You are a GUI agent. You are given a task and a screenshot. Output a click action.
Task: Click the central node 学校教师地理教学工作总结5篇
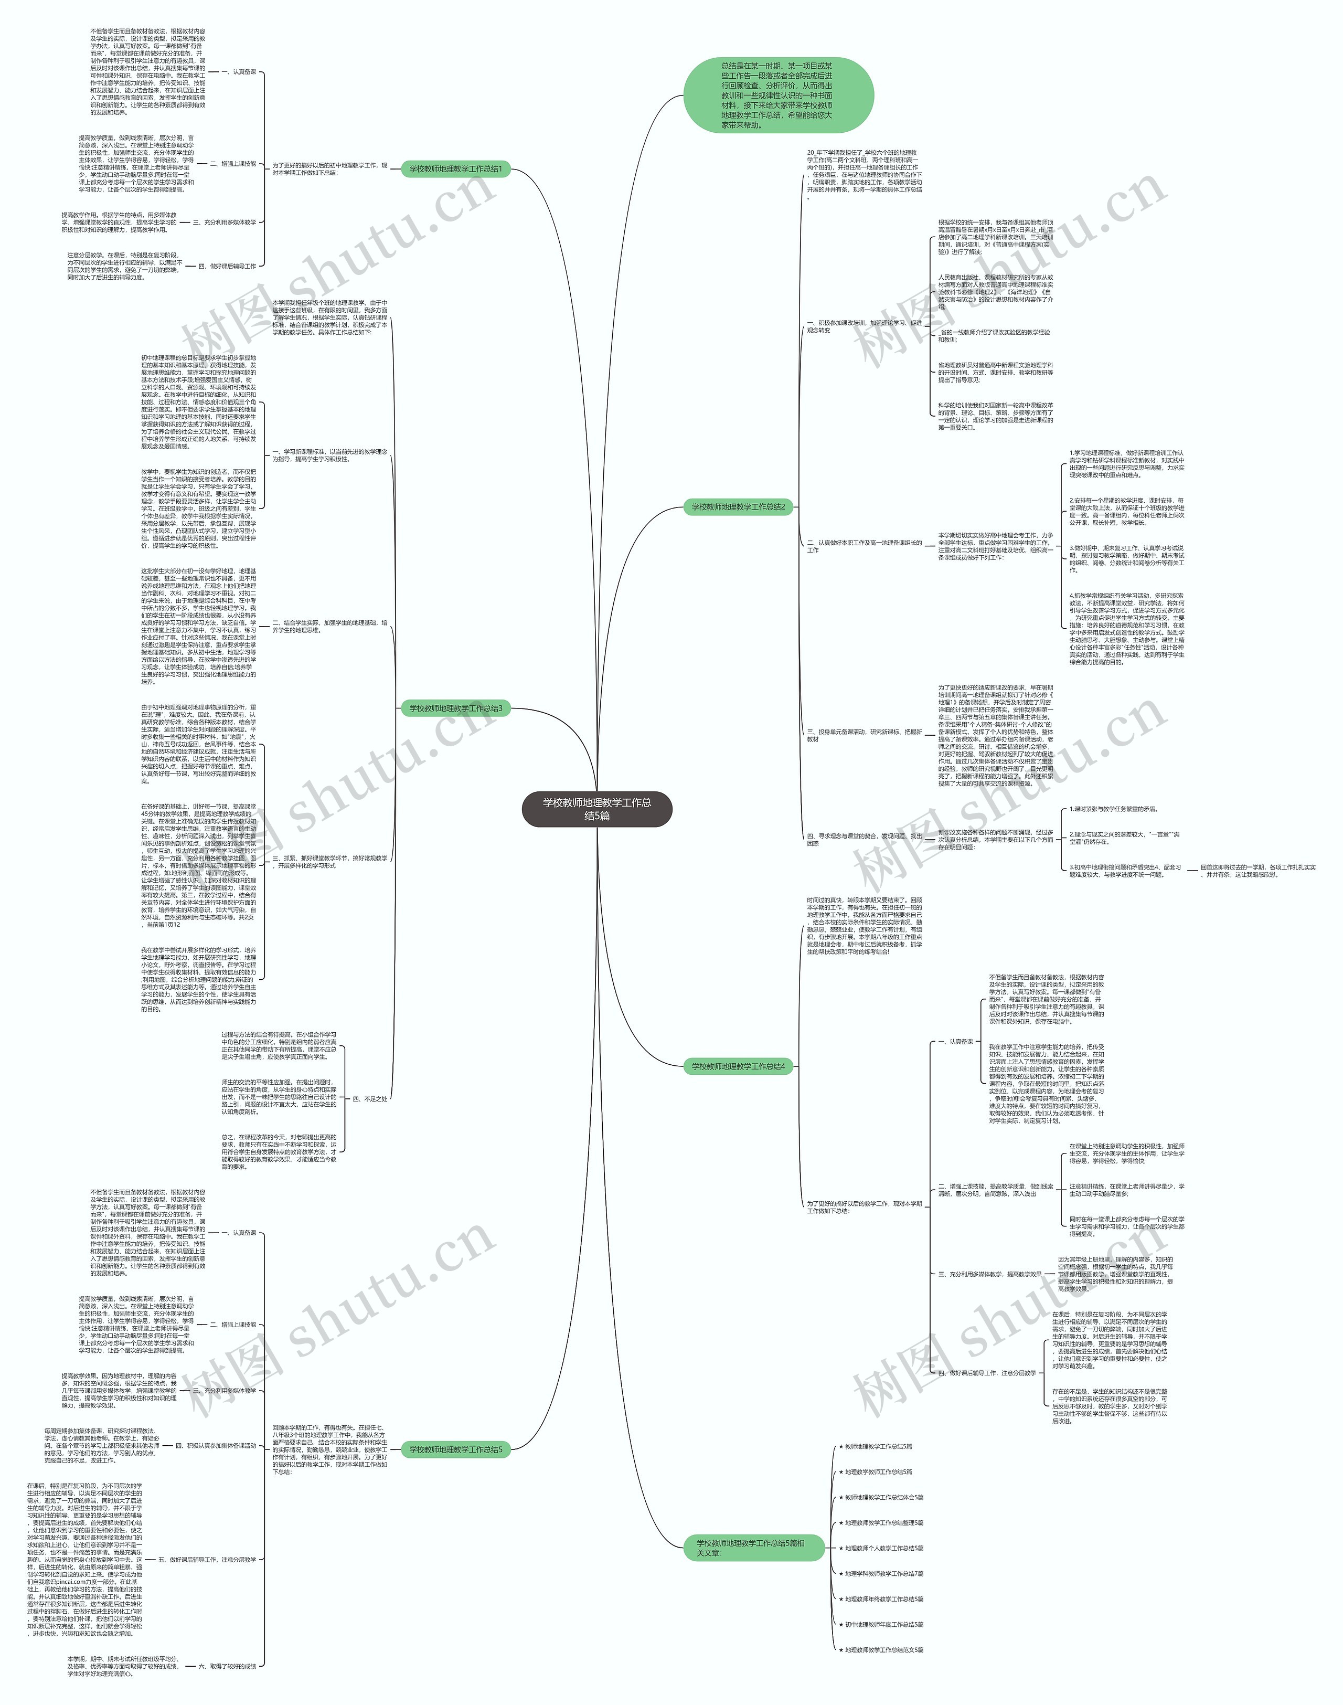(x=597, y=809)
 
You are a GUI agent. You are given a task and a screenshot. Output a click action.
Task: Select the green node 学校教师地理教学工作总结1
(x=455, y=169)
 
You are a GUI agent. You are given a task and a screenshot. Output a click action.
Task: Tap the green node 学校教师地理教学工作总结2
(x=738, y=507)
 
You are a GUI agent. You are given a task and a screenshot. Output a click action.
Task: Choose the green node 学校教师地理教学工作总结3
(x=455, y=708)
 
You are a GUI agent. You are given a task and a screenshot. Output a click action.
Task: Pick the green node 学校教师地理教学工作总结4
(x=738, y=1066)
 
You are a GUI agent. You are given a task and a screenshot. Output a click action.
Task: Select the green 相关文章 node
(x=750, y=1570)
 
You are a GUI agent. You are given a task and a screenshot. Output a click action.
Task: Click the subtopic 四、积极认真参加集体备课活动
(x=216, y=1445)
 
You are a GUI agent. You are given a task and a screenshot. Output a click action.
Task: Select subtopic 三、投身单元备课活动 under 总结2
(x=864, y=735)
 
